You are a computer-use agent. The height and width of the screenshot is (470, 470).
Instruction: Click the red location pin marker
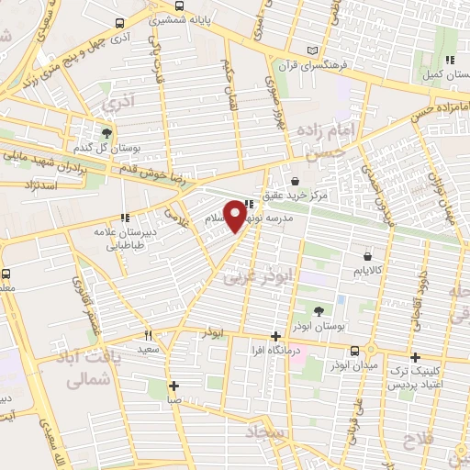(x=235, y=215)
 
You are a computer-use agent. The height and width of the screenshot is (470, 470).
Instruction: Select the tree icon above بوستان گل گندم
(x=106, y=132)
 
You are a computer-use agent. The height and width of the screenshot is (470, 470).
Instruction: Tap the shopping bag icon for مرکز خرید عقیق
(x=295, y=180)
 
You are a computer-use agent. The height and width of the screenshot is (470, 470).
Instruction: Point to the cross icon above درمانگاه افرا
(x=275, y=336)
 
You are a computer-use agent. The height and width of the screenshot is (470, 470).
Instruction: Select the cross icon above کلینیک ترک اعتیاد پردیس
(x=415, y=357)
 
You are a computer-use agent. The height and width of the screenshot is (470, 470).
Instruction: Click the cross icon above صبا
(x=173, y=386)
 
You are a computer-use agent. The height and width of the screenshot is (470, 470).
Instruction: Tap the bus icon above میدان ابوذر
(x=355, y=350)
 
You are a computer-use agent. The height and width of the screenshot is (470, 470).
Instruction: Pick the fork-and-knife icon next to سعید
(x=148, y=336)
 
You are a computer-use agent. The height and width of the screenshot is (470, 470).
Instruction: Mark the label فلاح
(x=423, y=440)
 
